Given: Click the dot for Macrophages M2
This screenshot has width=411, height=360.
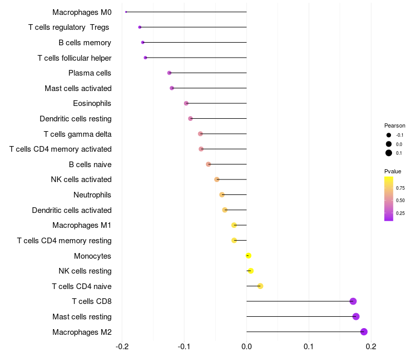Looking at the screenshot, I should pyautogui.click(x=364, y=332).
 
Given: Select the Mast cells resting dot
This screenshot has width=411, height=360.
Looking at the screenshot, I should pyautogui.click(x=356, y=317).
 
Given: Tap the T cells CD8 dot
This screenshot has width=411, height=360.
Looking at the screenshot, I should pyautogui.click(x=353, y=301).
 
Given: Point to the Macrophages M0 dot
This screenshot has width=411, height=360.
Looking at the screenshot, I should pyautogui.click(x=126, y=12).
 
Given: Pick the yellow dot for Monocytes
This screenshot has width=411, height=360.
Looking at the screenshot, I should pyautogui.click(x=249, y=256).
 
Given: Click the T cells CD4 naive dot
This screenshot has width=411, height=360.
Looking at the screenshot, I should pyautogui.click(x=260, y=286).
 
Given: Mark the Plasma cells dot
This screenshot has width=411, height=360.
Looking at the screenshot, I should pyautogui.click(x=170, y=73).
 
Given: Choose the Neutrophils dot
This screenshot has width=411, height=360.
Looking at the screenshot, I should pyautogui.click(x=222, y=195).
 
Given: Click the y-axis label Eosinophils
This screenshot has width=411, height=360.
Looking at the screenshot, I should pyautogui.click(x=92, y=103).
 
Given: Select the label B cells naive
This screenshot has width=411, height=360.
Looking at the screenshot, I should pyautogui.click(x=90, y=165).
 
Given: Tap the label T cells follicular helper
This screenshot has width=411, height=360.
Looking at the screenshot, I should pyautogui.click(x=74, y=58).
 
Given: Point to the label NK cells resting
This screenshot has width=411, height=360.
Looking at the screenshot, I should pyautogui.click(x=85, y=271).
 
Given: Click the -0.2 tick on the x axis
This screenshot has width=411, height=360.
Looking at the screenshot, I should pyautogui.click(x=122, y=346).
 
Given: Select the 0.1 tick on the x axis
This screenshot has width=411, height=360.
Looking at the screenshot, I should pyautogui.click(x=309, y=346).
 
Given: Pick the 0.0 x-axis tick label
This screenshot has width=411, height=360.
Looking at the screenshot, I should pyautogui.click(x=247, y=346).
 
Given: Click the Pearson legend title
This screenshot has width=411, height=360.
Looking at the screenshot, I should pyautogui.click(x=395, y=125).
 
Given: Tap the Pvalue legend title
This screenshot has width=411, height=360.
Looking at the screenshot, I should pyautogui.click(x=393, y=171).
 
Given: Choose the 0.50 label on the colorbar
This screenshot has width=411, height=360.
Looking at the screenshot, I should pyautogui.click(x=401, y=201).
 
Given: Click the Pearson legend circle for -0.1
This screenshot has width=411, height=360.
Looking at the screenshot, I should pyautogui.click(x=389, y=135).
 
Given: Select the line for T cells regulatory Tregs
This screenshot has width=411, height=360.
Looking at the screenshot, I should pyautogui.click(x=193, y=27).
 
